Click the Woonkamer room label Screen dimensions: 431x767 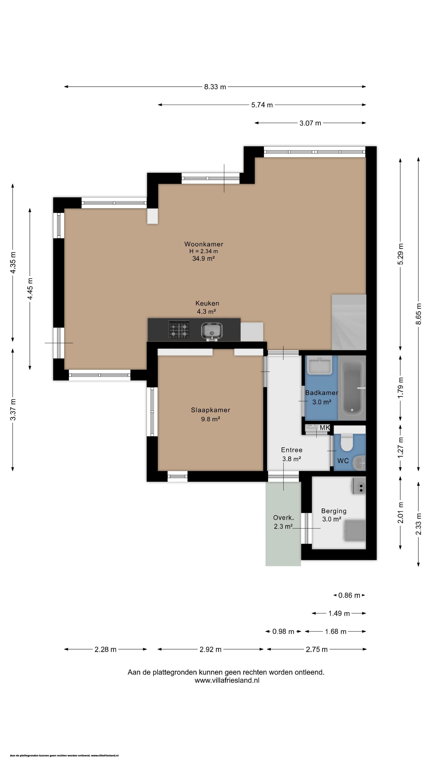pyautogui.click(x=204, y=244)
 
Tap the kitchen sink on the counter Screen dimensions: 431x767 pyautogui.click(x=212, y=331)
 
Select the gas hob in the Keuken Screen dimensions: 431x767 pyautogui.click(x=179, y=330)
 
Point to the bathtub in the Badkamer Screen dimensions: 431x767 pyautogui.click(x=352, y=388)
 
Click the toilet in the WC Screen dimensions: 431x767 pyautogui.click(x=346, y=442)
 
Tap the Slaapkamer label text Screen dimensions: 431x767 pyautogui.click(x=211, y=410)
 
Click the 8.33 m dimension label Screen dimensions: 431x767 pyautogui.click(x=215, y=87)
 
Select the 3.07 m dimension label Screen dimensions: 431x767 pyautogui.click(x=310, y=123)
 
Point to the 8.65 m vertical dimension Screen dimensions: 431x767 pyautogui.click(x=419, y=314)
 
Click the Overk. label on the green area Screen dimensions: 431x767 pyautogui.click(x=283, y=518)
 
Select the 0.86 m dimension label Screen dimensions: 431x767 pyautogui.click(x=349, y=595)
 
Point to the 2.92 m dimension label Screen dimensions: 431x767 pyautogui.click(x=211, y=649)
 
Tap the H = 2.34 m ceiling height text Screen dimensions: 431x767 pyautogui.click(x=204, y=251)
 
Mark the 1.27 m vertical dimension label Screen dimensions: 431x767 pyautogui.click(x=401, y=448)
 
